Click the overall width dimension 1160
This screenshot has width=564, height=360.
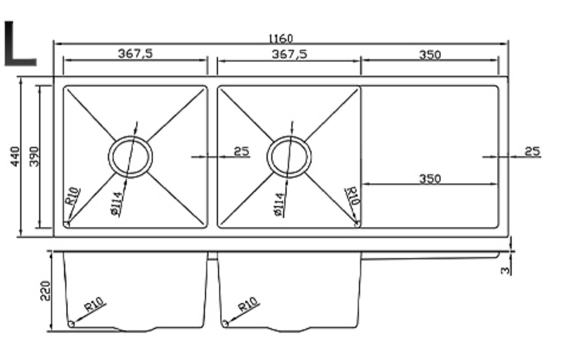coord(281,38)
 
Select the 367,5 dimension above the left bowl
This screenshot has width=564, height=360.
coord(135,54)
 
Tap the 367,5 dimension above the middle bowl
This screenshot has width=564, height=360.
coord(289,54)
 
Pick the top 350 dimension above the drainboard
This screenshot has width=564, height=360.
coord(429,54)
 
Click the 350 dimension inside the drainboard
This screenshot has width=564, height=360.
coord(429,179)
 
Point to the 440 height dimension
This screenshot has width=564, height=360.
coord(15,156)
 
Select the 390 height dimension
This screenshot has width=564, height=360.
coord(34,156)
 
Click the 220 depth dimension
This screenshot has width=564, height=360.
coord(45,292)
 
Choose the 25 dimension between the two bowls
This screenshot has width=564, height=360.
coord(241,151)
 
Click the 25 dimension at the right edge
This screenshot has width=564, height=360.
coord(532,151)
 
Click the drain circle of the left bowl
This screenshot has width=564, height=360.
coord(130,157)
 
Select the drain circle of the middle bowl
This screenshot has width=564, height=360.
coord(288,157)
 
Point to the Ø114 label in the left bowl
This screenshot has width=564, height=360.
coord(117,203)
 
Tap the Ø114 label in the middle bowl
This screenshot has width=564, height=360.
coord(280,204)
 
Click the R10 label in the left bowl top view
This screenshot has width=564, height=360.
coord(72,196)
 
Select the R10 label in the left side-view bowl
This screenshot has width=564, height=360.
coord(95,307)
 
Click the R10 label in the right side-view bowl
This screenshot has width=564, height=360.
coord(249,305)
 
